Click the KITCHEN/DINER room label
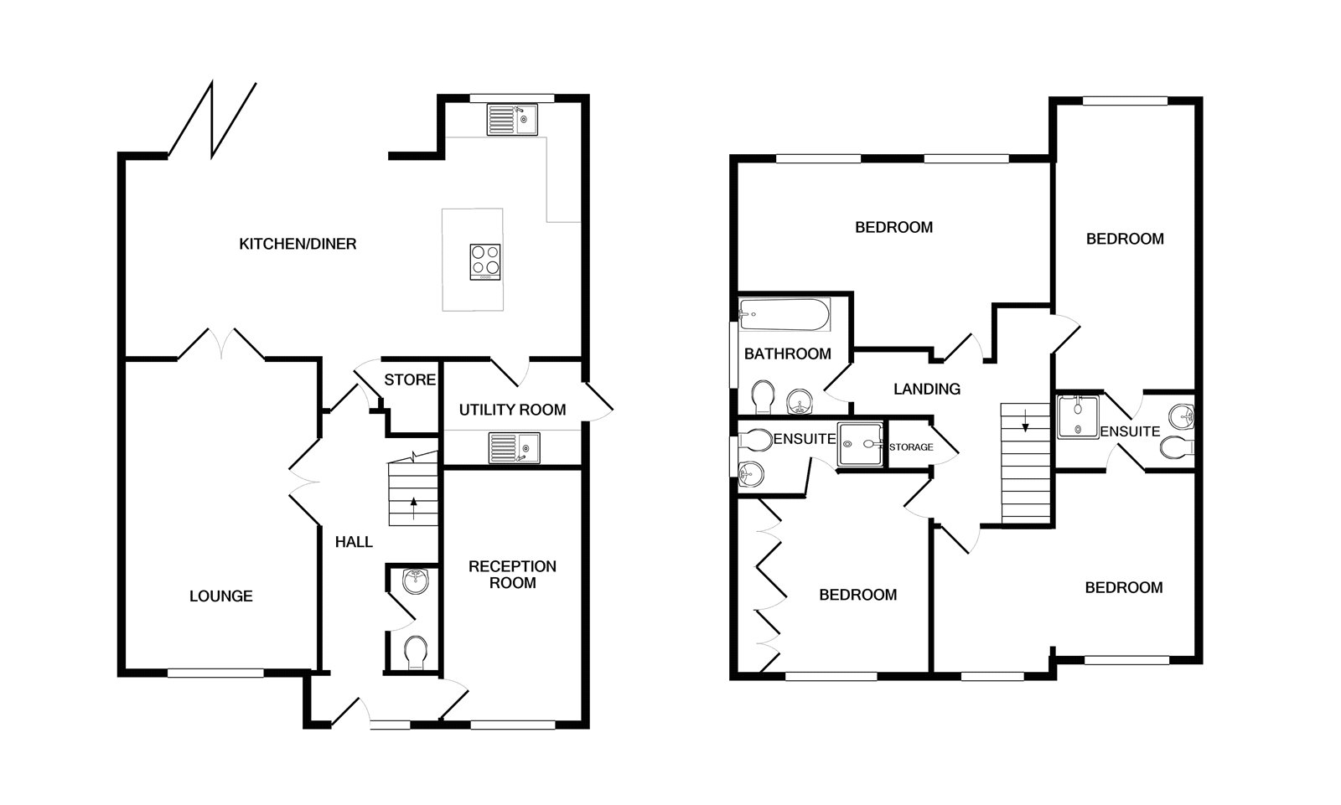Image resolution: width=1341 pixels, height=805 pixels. (x=298, y=245)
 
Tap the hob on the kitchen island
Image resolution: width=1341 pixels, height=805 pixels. (x=485, y=261)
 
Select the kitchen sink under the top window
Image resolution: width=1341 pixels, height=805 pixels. (x=511, y=120)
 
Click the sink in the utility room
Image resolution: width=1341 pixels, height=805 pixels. (x=513, y=447)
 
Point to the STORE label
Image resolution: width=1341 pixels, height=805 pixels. (x=410, y=380)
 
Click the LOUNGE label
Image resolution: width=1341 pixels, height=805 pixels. (x=220, y=596)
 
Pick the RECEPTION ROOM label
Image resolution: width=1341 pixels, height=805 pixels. (x=512, y=575)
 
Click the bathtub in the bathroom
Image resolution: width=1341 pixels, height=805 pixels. (x=784, y=315)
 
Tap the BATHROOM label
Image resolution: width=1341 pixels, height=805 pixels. (x=787, y=354)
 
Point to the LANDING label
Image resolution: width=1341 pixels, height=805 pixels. (x=926, y=390)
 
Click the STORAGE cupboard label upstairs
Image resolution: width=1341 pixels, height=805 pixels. (x=910, y=447)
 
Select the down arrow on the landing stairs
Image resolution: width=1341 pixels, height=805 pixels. (x=1025, y=426)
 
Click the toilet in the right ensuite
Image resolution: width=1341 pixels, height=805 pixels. (x=1178, y=448)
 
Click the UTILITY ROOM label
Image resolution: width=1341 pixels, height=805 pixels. (x=512, y=410)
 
